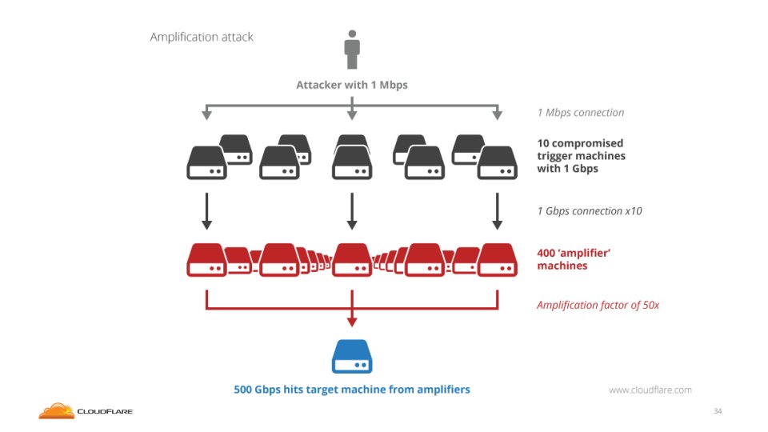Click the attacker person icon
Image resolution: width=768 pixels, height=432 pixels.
pos(352,50)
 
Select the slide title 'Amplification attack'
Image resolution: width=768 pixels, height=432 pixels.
pos(202,37)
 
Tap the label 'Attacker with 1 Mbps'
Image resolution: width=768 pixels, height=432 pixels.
pos(352,85)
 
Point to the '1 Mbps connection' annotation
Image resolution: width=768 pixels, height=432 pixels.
pos(581,113)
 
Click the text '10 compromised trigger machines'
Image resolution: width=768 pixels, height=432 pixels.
pos(581,150)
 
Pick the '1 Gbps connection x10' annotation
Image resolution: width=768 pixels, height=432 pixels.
pos(590,212)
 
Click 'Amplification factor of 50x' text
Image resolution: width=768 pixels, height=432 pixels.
pos(598,305)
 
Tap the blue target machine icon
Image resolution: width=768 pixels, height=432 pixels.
pos(352,357)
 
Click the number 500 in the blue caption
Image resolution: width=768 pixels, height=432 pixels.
pos(244,390)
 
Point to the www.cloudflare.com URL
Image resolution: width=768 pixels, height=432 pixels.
pos(650,390)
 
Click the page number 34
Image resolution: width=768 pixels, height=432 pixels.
pos(718,411)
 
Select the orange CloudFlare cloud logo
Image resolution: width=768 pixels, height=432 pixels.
pos(56,410)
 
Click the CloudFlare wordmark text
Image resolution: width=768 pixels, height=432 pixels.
pos(105,412)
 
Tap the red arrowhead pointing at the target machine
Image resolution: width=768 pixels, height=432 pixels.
pos(352,321)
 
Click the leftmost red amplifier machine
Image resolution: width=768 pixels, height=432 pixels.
pos(206,259)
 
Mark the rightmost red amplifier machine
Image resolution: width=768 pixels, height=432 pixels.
pos(498,259)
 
